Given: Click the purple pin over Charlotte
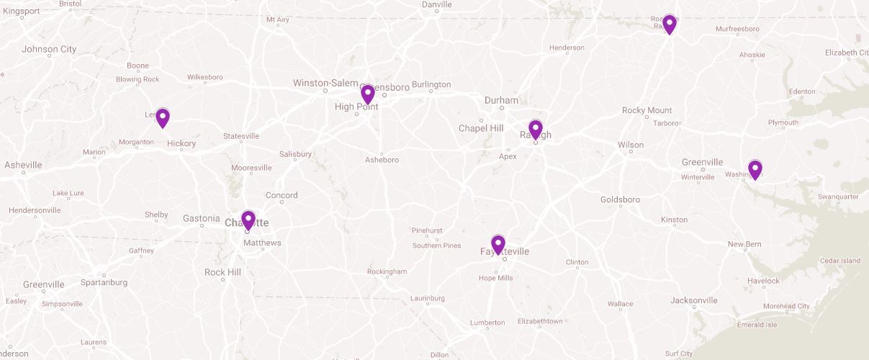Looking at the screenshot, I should point(248,220).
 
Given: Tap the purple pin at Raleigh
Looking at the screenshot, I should point(535,130).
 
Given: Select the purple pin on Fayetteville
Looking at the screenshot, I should point(497,245).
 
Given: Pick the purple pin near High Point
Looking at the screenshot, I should point(367,94).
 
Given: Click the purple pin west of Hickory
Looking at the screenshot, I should point(163,117).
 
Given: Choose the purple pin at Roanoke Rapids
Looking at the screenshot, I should point(670,24).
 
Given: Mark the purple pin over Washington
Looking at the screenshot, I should point(755,169).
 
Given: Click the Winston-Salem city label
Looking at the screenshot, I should point(325,84).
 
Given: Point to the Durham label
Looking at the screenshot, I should point(501,101).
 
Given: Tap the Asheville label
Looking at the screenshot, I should point(23,165).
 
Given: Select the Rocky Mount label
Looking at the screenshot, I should point(647,110).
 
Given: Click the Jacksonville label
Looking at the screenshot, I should point(693,300).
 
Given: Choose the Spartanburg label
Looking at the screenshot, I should point(104,282).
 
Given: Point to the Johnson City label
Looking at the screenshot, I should point(49,50).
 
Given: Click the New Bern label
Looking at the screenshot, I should point(744,245).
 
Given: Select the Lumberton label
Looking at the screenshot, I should point(487,323).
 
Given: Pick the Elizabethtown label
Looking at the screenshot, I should point(540,321).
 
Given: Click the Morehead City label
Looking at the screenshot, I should point(786,306).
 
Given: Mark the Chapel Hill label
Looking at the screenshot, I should point(481,128).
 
